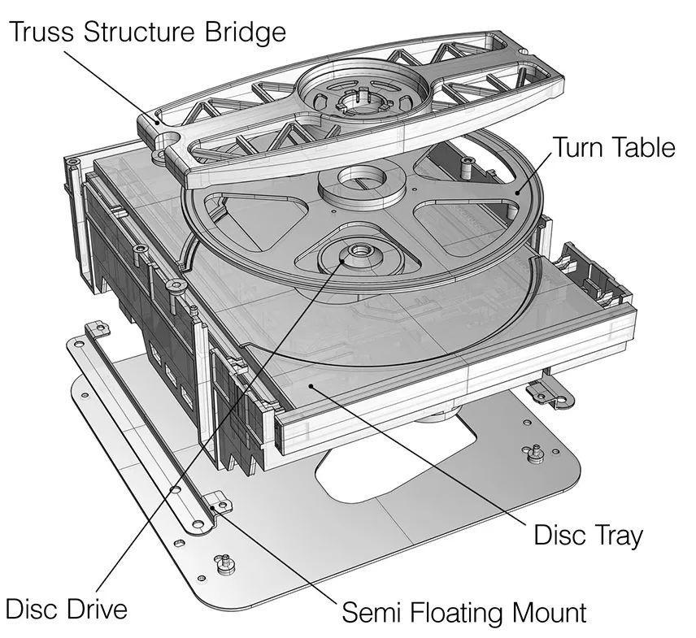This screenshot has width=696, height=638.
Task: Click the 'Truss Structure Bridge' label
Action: click(x=148, y=32)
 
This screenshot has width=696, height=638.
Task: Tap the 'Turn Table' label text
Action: click(x=614, y=147)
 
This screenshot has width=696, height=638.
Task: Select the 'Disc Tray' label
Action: click(x=588, y=535)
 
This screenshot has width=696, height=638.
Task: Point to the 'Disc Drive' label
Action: click(x=66, y=608)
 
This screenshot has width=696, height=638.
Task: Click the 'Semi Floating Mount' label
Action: click(x=463, y=611)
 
